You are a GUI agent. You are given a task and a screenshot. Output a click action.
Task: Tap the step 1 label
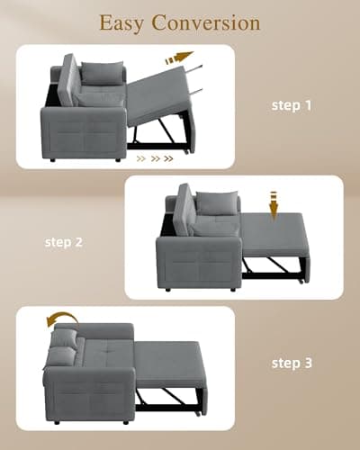point(292,105)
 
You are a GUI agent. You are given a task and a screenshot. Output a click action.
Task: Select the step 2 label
point(65,242)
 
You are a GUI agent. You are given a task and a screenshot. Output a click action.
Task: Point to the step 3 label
point(292,364)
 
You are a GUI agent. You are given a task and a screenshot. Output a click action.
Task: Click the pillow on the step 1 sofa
point(102,74)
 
